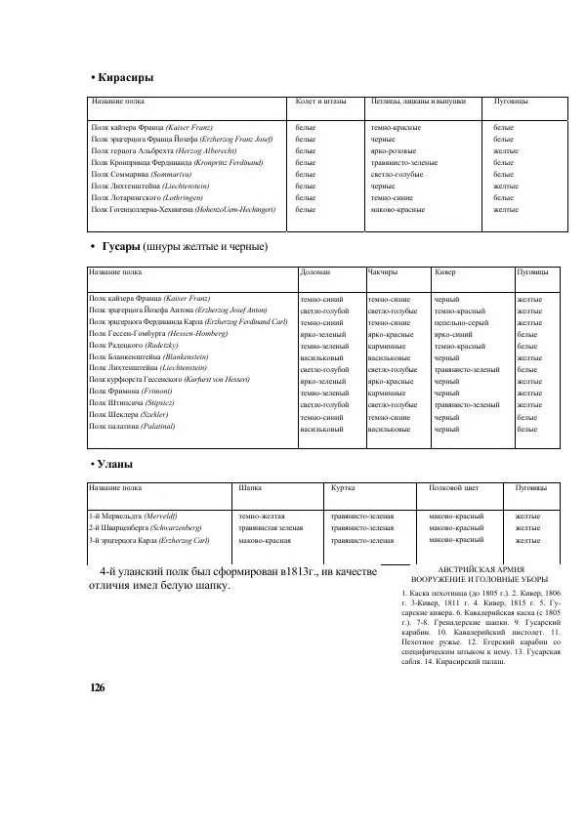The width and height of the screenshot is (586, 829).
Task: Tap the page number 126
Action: (97, 687)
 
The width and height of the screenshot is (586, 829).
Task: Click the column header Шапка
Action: (250, 487)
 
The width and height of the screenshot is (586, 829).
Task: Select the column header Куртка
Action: (342, 487)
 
